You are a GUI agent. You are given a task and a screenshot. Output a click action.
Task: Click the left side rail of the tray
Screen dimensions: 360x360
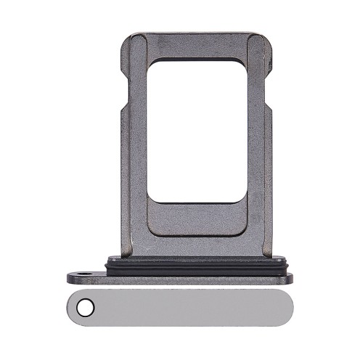(133, 145)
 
